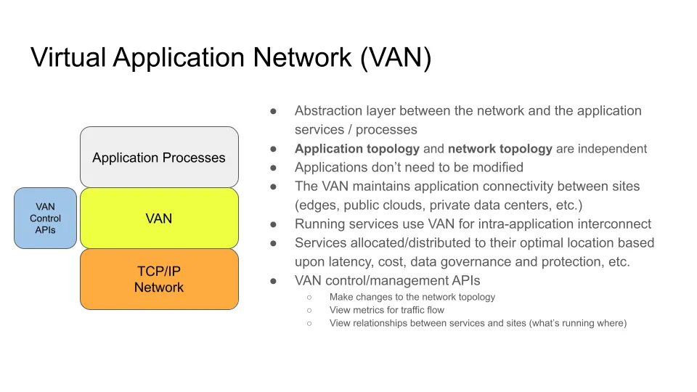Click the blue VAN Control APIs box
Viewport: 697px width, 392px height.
coord(45,219)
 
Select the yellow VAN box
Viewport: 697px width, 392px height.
coord(159,219)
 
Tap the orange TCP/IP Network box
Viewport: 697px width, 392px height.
coord(159,279)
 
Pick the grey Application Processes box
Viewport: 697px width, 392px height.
coord(159,158)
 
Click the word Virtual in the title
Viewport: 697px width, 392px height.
coord(68,57)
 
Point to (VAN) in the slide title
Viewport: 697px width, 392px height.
coord(396,57)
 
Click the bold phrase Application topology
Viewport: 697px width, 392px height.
coord(356,149)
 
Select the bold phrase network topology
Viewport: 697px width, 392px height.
coord(500,149)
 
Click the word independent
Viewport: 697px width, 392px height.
coord(612,149)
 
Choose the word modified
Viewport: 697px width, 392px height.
coord(492,168)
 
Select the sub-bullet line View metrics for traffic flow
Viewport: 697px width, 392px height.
coord(386,310)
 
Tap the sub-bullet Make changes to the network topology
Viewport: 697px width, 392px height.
coord(412,297)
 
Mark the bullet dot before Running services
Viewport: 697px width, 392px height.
coord(274,224)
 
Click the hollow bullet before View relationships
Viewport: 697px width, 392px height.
coord(309,323)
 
